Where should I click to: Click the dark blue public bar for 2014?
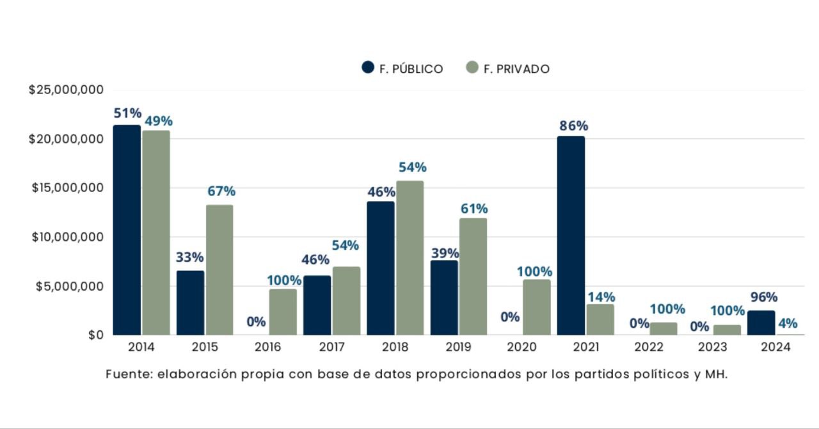pos(127,230)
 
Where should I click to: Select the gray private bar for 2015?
pos(219,270)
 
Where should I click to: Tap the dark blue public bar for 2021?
pos(571,235)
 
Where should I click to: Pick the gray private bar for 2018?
pos(409,257)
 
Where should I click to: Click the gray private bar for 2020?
pos(536,307)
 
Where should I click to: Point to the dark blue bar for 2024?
pos(761,323)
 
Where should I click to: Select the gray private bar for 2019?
pos(473,276)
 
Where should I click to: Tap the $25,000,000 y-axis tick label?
pos(66,90)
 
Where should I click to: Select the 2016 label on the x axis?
pos(267,347)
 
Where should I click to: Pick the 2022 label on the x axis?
pos(649,347)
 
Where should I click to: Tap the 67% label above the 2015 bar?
pos(221,191)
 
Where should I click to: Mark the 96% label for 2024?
pos(763,297)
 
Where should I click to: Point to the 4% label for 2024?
pos(788,323)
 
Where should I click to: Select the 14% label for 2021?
pos(601,297)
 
